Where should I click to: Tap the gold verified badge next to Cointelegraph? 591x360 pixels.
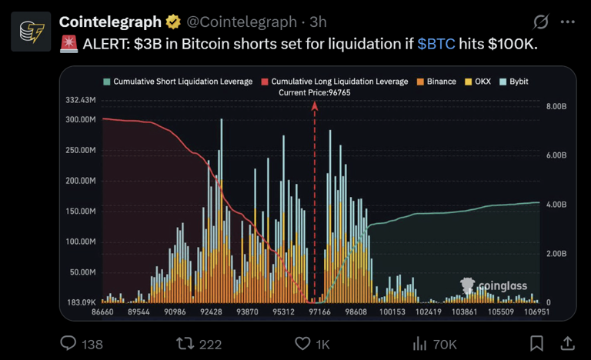(x=174, y=22)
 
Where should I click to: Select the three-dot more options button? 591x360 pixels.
(x=567, y=22)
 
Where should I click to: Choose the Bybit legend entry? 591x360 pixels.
(x=517, y=81)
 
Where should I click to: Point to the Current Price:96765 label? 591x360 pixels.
(x=314, y=92)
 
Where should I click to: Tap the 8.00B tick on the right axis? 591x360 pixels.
(x=555, y=106)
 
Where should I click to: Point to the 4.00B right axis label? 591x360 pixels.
(x=555, y=205)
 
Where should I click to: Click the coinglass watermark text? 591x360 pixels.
(x=503, y=287)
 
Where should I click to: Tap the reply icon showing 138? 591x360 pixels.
(x=68, y=343)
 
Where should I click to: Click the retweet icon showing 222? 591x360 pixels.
(x=185, y=343)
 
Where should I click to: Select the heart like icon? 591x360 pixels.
(x=302, y=343)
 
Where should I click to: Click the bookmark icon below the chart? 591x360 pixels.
(x=537, y=343)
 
